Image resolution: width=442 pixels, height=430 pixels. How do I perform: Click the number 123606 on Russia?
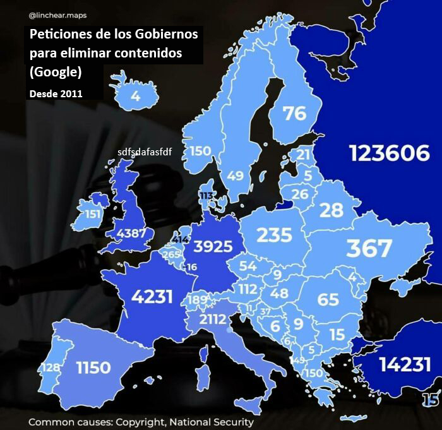(x=390, y=153)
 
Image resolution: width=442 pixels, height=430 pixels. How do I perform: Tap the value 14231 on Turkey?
(x=405, y=364)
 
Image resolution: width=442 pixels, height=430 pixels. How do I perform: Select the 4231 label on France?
(x=152, y=296)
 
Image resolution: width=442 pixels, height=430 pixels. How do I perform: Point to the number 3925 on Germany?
(x=213, y=246)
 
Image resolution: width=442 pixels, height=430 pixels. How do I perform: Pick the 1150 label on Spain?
(x=93, y=367)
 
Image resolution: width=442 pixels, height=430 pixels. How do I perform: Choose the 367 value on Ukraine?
(x=369, y=248)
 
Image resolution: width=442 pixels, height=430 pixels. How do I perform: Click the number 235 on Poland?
(x=274, y=236)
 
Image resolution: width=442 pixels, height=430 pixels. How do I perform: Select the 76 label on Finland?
(x=294, y=114)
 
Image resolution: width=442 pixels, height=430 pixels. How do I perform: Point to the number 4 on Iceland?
(x=135, y=97)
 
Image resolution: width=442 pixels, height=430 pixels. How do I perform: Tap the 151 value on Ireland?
(x=93, y=213)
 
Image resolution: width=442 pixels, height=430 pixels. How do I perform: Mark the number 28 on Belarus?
(x=331, y=210)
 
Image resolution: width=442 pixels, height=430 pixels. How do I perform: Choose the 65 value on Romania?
(x=328, y=299)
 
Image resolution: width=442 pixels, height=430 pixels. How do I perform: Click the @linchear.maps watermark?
(x=58, y=15)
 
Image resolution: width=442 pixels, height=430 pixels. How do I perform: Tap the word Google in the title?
(x=56, y=72)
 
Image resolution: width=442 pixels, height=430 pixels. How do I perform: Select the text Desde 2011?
(x=56, y=93)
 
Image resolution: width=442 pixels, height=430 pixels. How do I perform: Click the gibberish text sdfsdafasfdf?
(x=145, y=152)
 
